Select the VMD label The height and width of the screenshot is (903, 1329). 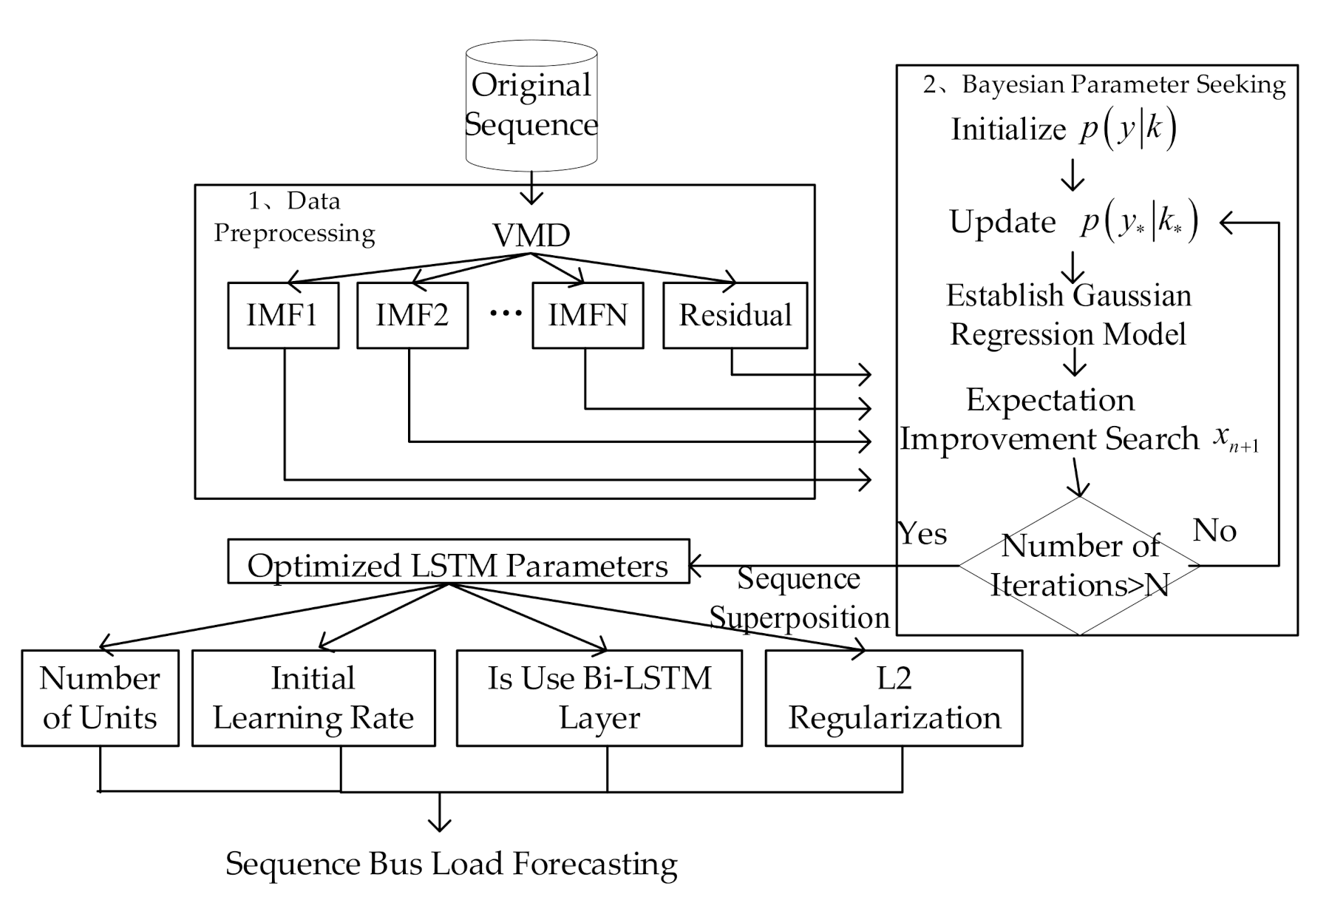531,235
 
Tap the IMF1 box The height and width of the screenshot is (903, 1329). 282,315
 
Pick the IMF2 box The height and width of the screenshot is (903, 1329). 412,315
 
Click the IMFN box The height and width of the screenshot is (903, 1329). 587,315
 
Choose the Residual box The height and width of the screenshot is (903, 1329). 735,315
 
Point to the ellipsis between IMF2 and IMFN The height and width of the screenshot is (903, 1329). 506,314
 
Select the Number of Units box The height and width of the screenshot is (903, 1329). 100,697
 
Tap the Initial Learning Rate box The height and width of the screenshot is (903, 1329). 313,697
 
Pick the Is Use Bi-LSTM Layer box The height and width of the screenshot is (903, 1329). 599,697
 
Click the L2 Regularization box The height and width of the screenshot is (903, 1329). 894,697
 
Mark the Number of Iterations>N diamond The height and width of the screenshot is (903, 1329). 1079,566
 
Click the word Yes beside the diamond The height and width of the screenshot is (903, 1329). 922,533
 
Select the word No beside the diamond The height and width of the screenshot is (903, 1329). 1214,530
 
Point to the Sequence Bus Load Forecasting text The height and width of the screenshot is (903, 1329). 451,863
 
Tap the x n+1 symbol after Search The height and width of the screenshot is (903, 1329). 1234,439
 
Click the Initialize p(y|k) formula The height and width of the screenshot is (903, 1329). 1062,129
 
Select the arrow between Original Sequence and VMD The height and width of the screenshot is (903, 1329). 531,188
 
